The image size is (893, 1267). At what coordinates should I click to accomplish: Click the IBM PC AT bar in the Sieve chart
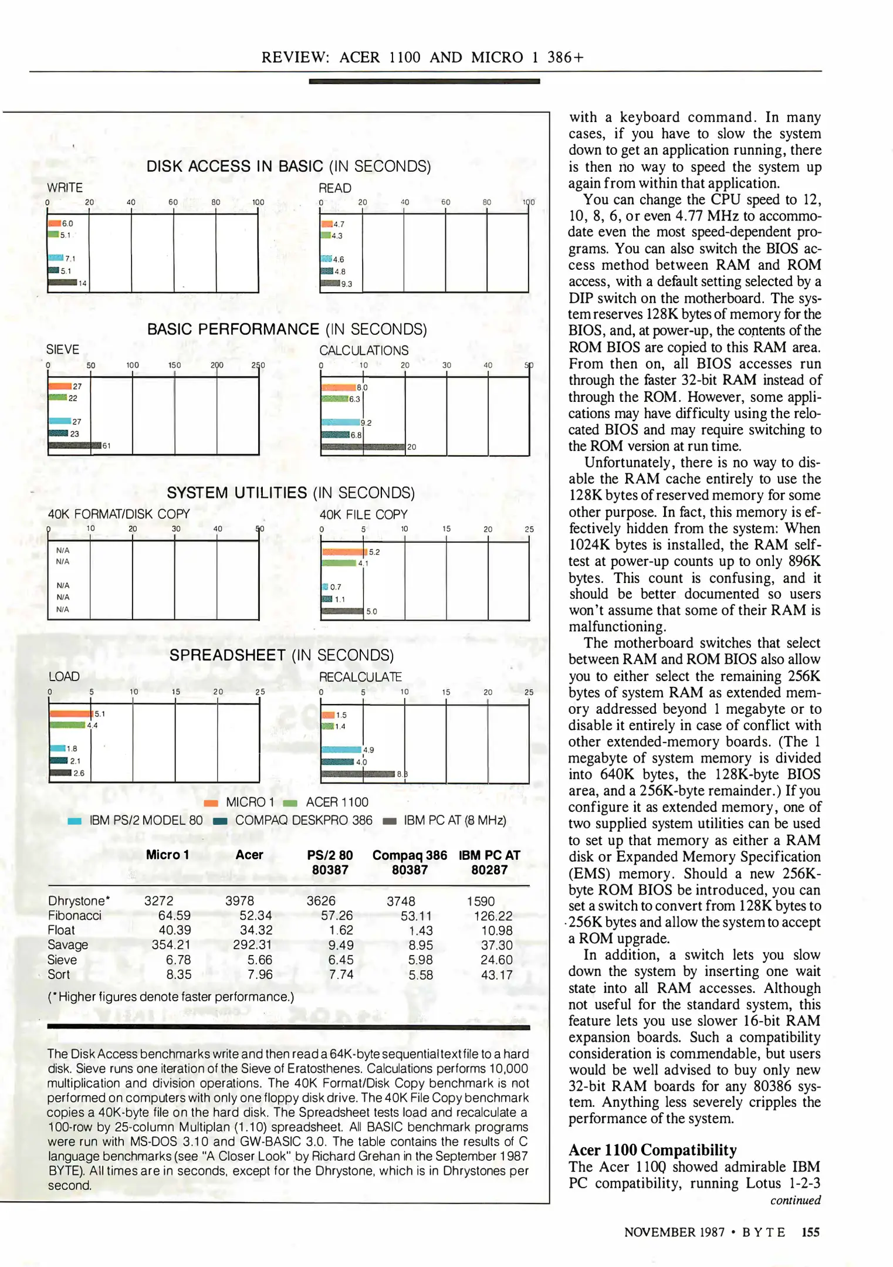point(75,446)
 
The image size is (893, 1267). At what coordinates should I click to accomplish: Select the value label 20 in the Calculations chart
point(412,447)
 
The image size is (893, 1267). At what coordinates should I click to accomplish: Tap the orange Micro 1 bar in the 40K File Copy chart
point(343,552)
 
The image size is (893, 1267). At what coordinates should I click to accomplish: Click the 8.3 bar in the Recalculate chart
point(358,774)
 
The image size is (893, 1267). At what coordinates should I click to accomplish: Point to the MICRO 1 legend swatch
point(211,803)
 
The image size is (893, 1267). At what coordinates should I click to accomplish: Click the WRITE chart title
point(65,188)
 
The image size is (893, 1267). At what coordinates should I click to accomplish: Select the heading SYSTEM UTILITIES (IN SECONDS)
point(290,493)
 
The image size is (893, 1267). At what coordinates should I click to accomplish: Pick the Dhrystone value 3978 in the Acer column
point(239,901)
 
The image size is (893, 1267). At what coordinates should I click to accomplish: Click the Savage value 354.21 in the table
point(171,945)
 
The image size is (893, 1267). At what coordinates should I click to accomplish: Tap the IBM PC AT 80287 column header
point(489,862)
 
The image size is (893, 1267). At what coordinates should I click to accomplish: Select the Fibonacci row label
point(75,916)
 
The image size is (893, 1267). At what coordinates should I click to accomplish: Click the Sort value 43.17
point(496,975)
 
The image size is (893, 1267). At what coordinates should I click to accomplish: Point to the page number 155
point(810,1232)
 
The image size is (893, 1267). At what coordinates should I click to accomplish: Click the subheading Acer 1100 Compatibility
point(652,1150)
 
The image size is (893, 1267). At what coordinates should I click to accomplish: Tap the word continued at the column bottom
point(795,1200)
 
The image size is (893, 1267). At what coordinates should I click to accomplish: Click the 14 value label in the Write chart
point(83,283)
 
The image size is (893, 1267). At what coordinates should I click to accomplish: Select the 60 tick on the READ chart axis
point(446,202)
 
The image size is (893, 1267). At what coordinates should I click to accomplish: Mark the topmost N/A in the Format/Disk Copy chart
point(63,550)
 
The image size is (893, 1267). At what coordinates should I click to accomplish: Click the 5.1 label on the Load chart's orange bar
point(100,714)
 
